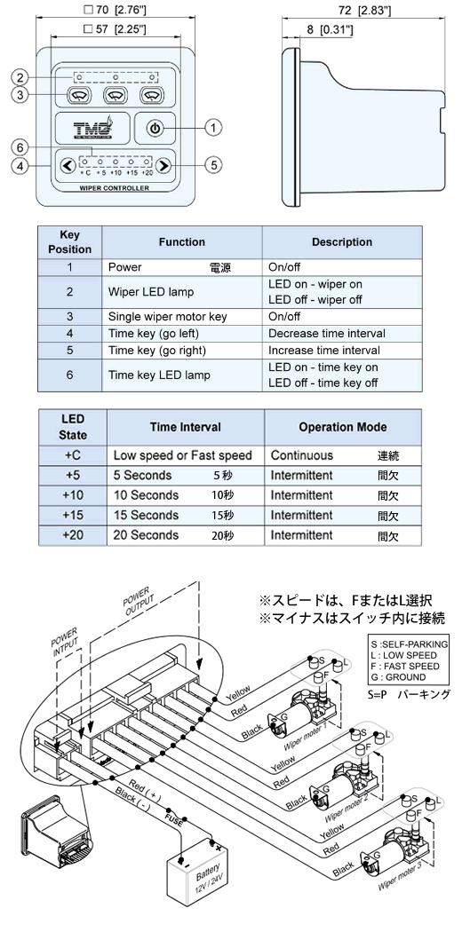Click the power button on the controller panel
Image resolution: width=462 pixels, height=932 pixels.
pyautogui.click(x=155, y=128)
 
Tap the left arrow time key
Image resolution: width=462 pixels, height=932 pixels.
pyautogui.click(x=68, y=165)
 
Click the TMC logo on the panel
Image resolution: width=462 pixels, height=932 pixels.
pyautogui.click(x=92, y=127)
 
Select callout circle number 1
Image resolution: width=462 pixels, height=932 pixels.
pyautogui.click(x=213, y=127)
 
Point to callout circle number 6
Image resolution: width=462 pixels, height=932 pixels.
pyautogui.click(x=20, y=146)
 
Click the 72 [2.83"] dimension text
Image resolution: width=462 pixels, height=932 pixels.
pyautogui.click(x=364, y=11)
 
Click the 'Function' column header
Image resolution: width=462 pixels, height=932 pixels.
pyautogui.click(x=182, y=242)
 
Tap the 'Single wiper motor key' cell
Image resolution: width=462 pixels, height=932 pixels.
pyautogui.click(x=168, y=317)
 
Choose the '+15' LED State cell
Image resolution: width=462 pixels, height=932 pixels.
pyautogui.click(x=73, y=515)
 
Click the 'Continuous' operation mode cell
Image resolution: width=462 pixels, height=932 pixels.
pyautogui.click(x=302, y=455)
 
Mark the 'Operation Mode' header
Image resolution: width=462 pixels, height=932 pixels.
pyautogui.click(x=343, y=427)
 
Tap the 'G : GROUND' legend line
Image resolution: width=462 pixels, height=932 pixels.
pyautogui.click(x=398, y=676)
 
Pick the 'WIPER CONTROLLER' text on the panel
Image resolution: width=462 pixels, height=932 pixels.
pyautogui.click(x=114, y=188)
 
